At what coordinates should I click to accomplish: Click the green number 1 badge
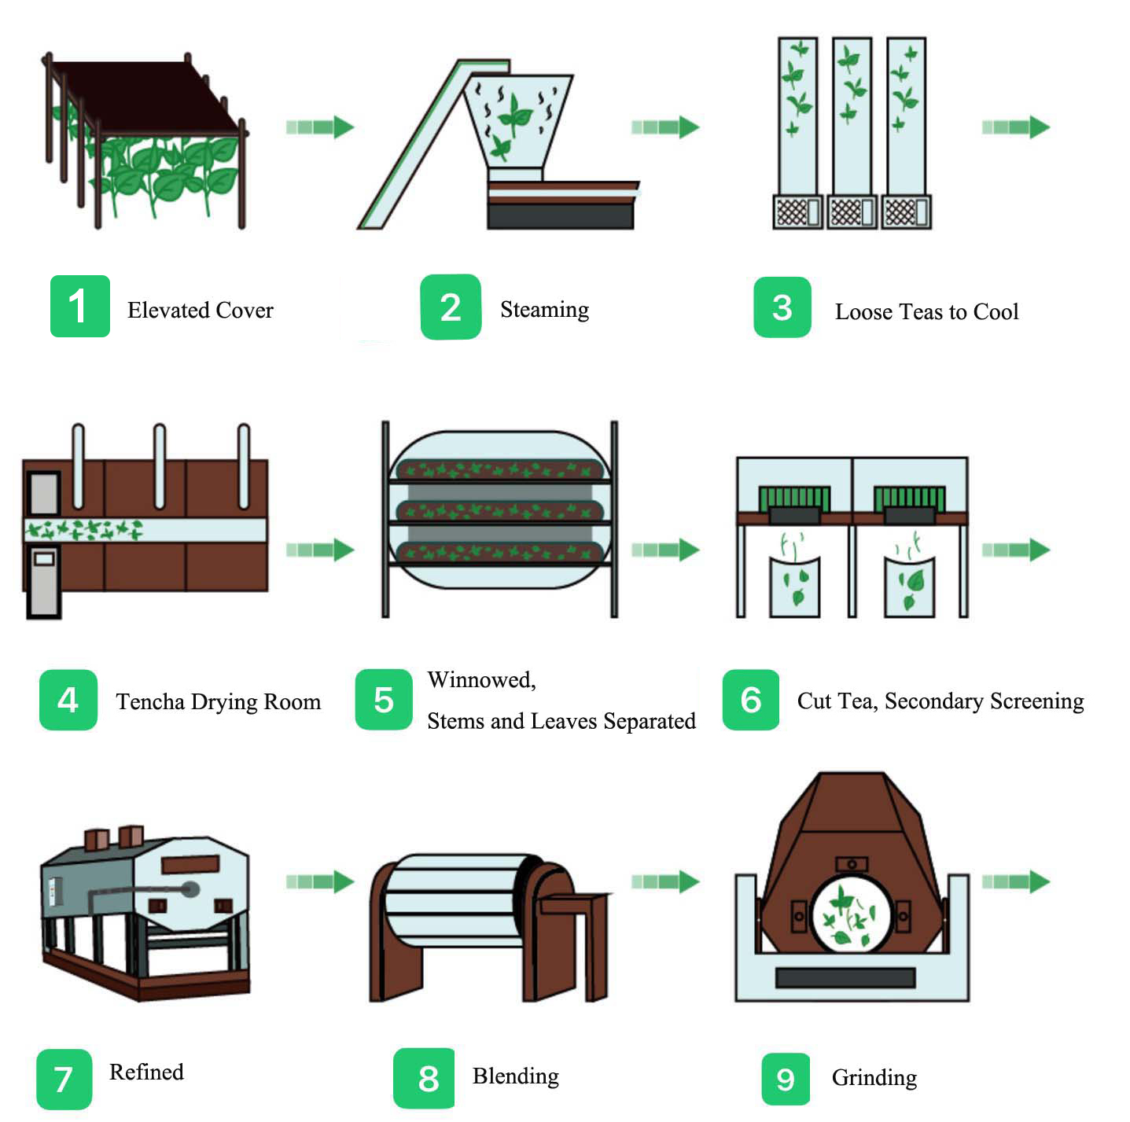pyautogui.click(x=79, y=307)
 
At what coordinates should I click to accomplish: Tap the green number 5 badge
pyautogui.click(x=384, y=700)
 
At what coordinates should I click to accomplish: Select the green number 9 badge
pyautogui.click(x=785, y=1078)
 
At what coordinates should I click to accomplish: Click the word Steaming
pyautogui.click(x=544, y=310)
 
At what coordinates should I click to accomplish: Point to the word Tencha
pyautogui.click(x=150, y=701)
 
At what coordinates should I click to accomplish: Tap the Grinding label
pyautogui.click(x=874, y=1077)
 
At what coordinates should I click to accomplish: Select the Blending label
pyautogui.click(x=515, y=1076)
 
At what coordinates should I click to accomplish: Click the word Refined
pyautogui.click(x=146, y=1072)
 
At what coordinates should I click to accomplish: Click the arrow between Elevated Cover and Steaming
pyautogui.click(x=320, y=127)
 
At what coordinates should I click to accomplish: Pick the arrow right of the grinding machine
pyautogui.click(x=1015, y=881)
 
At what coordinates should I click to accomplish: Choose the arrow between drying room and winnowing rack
pyautogui.click(x=320, y=550)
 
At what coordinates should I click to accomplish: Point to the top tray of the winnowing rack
pyautogui.click(x=499, y=470)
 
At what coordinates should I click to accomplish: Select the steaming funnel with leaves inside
pyautogui.click(x=517, y=118)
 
